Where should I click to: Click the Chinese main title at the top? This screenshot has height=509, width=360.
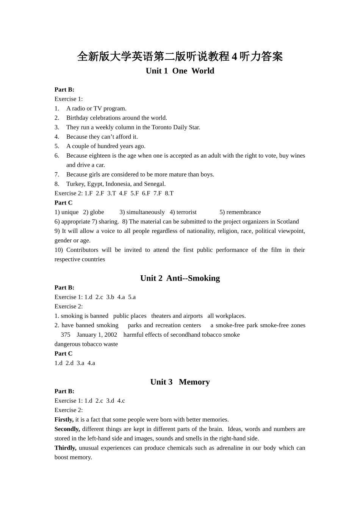(180, 57)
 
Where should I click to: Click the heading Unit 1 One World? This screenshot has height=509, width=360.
(180, 71)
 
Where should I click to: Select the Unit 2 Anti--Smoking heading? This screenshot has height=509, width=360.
(180, 278)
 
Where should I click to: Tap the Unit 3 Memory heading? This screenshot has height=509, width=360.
(180, 382)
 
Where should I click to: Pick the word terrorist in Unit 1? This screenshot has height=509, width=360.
(186, 212)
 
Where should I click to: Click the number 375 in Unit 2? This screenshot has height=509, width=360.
(66, 335)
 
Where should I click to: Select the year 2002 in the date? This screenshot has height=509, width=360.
(111, 335)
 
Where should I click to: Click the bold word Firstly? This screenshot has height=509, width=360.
(64, 420)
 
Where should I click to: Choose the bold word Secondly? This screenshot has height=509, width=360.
(67, 429)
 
